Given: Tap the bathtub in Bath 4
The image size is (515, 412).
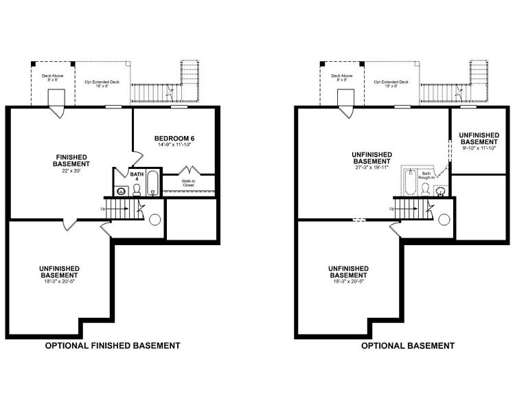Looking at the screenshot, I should (152, 184).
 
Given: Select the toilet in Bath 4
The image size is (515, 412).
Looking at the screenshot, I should (137, 190).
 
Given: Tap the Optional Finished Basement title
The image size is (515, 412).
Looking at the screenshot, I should (113, 345).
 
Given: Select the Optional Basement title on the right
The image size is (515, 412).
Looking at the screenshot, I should (408, 345).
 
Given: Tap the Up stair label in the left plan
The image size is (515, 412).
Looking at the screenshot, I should (104, 208).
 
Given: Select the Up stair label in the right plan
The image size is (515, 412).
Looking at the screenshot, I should (392, 208).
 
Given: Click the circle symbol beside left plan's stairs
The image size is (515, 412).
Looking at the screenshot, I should (154, 220).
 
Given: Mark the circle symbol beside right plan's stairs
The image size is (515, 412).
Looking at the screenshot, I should (444, 220).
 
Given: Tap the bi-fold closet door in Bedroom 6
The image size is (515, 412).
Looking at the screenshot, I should (190, 169).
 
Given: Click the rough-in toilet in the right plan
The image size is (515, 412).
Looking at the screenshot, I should (426, 190).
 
